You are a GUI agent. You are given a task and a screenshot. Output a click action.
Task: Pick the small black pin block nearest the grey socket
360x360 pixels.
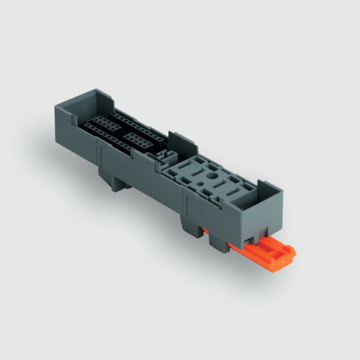coord(138,140)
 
